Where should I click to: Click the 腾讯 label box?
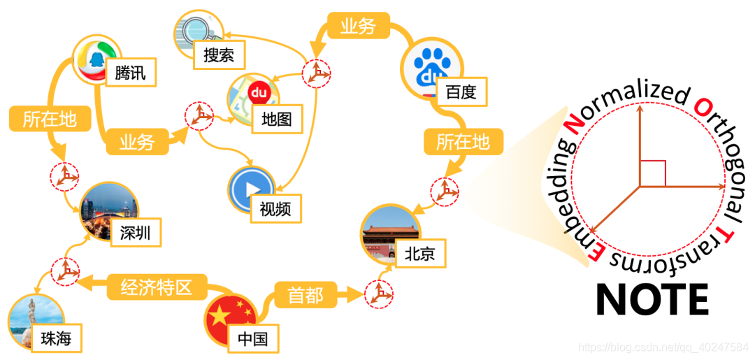[130, 71]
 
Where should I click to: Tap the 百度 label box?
[461, 92]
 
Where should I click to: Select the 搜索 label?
[219, 55]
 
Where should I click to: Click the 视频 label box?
[275, 208]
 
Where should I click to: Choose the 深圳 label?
[136, 232]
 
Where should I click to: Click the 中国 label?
[252, 340]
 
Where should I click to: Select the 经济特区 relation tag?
[155, 287]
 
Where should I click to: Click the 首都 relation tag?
[305, 295]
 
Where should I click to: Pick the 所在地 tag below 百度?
[463, 142]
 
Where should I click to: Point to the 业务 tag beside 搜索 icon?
[358, 27]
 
